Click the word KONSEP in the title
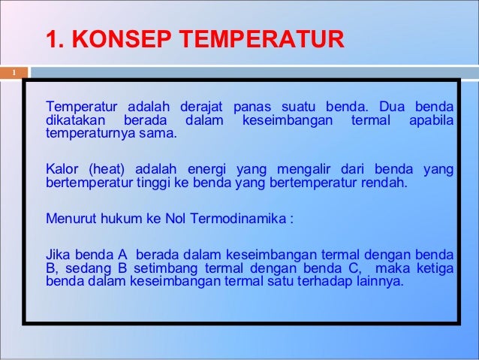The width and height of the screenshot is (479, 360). click(120, 38)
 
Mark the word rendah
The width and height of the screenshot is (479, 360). click(382, 183)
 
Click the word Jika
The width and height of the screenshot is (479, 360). click(59, 255)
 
